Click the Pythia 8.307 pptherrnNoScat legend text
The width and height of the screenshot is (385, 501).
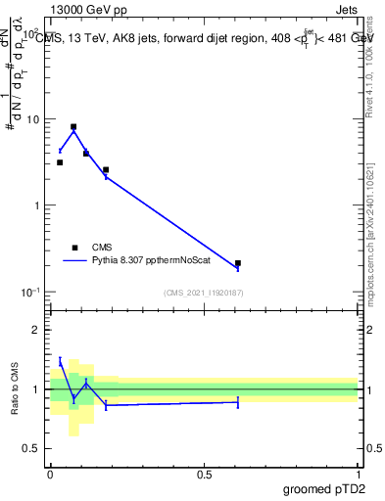coord(157,261)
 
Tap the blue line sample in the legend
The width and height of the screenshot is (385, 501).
coord(74,261)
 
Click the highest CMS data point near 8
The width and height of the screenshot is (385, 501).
coord(73,127)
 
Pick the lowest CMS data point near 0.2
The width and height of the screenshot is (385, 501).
coord(238,263)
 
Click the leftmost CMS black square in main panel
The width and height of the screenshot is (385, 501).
coord(60,162)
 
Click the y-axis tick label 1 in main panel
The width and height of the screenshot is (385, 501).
coord(35,205)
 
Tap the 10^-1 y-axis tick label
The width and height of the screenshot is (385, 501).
coord(29,292)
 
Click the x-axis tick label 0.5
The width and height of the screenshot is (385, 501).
coord(204,474)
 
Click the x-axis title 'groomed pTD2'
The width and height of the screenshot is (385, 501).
coord(325,489)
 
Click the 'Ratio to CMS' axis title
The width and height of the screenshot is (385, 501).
coord(15,389)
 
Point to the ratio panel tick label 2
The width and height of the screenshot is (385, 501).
coord(36,330)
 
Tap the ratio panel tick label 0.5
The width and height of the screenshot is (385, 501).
coord(31,448)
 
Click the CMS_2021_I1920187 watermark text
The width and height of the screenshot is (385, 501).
coord(204,293)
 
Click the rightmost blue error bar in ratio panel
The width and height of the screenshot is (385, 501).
coord(238,401)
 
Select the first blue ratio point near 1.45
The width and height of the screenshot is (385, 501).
coord(60,362)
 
